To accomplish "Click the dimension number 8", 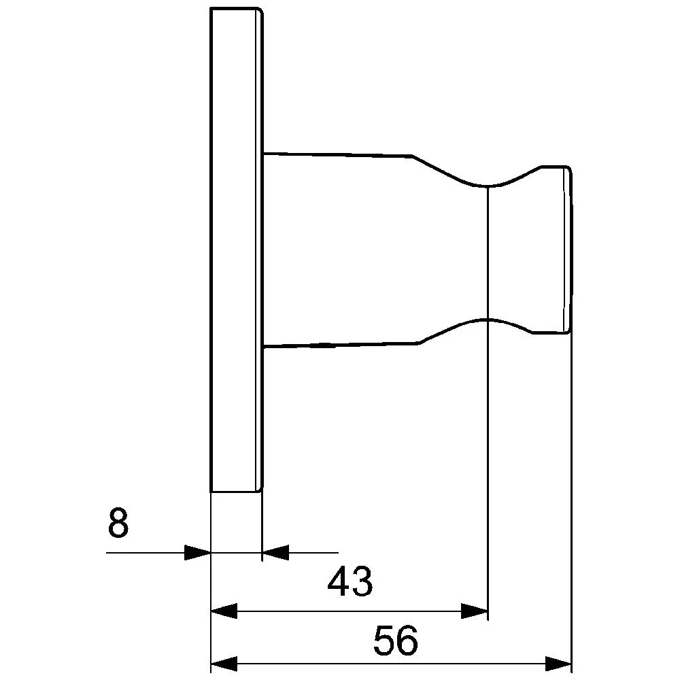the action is [x=118, y=523].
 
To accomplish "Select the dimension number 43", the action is [x=350, y=581].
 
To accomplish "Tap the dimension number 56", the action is [x=396, y=640].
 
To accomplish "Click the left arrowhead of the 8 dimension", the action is [x=197, y=552].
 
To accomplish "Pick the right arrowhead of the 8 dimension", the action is [x=275, y=552].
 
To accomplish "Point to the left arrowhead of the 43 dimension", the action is [x=224, y=611].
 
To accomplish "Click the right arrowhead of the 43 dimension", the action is [x=475, y=611].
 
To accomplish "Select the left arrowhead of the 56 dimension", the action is [x=224, y=664].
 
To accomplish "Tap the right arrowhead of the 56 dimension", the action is [x=558, y=664].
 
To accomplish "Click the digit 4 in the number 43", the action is [x=339, y=581].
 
